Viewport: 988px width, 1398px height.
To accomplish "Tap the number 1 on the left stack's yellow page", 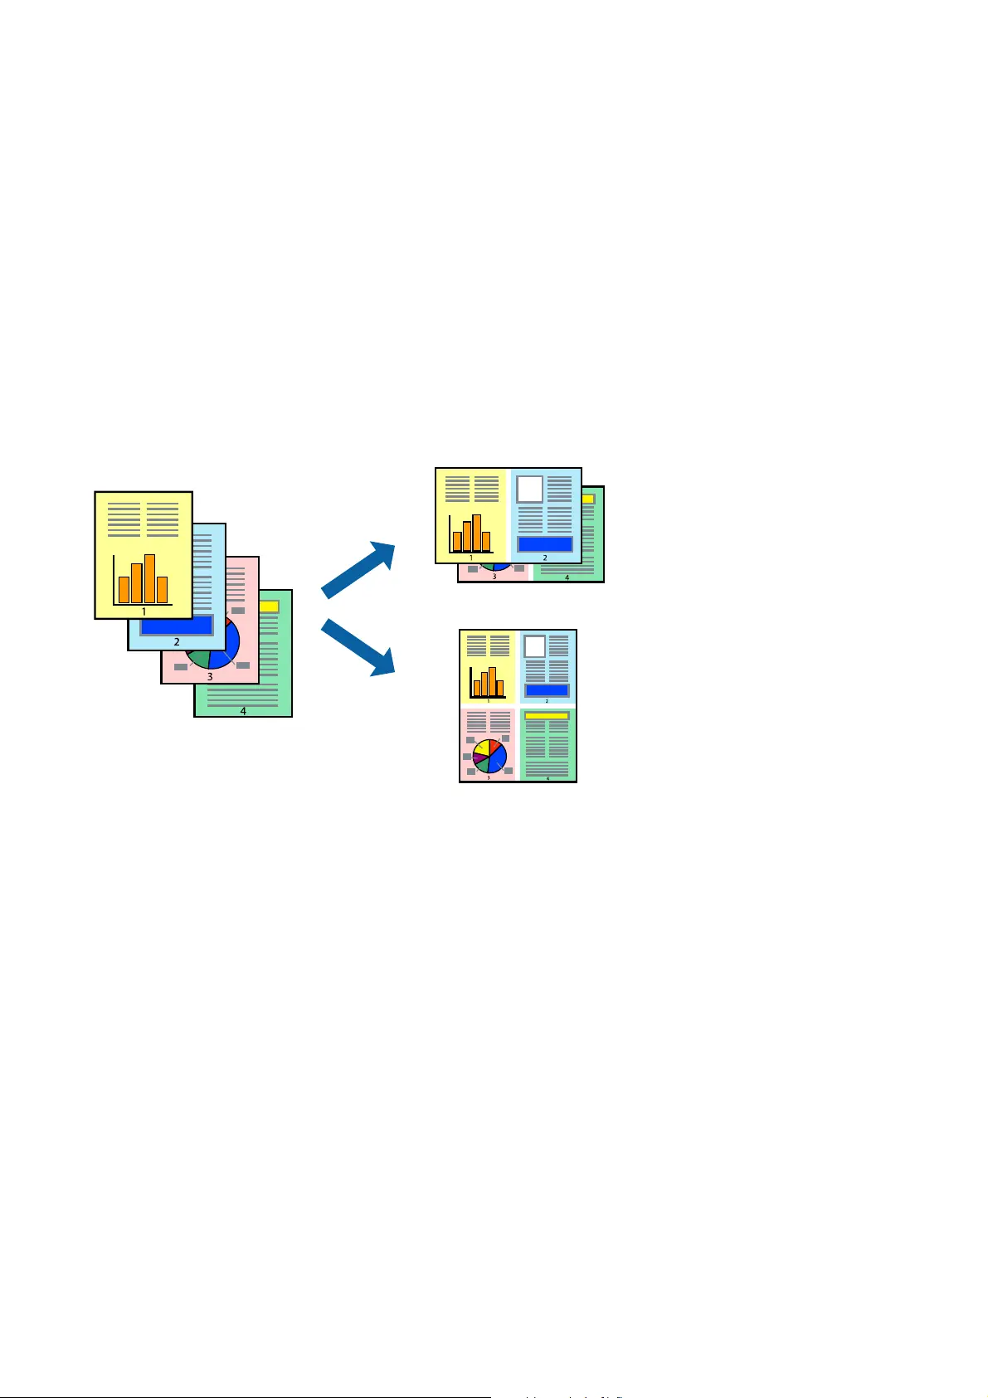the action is (144, 611).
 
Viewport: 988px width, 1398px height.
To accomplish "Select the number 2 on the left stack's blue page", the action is (177, 641).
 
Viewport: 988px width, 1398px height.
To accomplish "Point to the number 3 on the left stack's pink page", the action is (210, 676).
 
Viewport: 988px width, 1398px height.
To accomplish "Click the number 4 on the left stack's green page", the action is (243, 710).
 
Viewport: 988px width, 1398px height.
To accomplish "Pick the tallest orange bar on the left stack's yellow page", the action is (150, 578).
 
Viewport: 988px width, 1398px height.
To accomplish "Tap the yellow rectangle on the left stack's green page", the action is (270, 606).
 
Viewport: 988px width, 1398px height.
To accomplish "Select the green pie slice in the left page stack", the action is (199, 660).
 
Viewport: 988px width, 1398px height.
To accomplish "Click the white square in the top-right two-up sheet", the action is (530, 489).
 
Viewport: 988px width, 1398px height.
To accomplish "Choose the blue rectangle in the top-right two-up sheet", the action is (545, 544).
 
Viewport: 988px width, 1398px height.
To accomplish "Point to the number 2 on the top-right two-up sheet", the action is (545, 558).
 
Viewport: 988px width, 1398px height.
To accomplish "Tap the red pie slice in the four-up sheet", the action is (494, 746).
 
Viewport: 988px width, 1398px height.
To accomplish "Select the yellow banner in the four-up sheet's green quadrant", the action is (547, 715).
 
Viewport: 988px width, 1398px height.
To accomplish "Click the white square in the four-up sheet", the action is (534, 646).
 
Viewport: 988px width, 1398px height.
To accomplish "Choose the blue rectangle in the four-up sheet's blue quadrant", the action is (547, 690).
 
